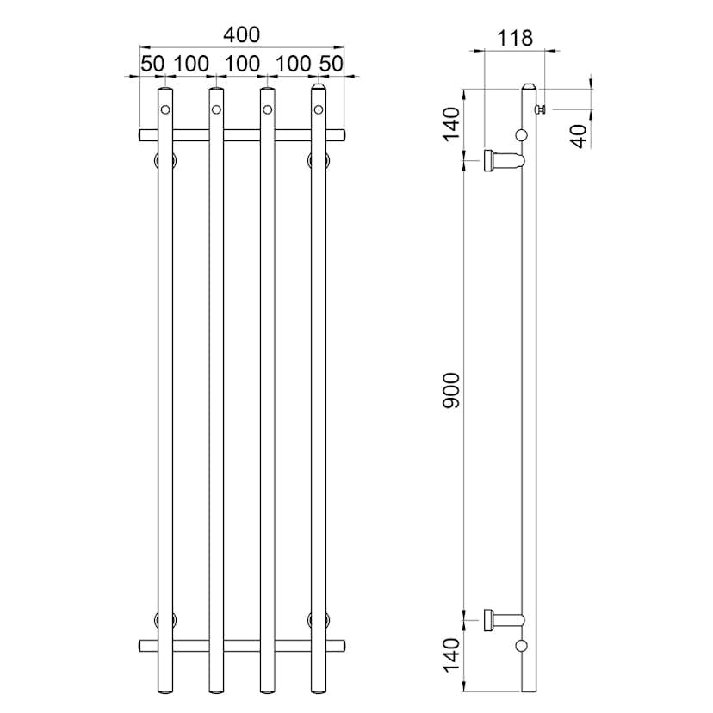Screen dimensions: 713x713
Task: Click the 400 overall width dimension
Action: click(241, 35)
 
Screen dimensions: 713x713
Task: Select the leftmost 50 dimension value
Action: click(152, 64)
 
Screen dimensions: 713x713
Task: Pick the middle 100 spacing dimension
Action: click(242, 64)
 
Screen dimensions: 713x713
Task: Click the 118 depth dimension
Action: click(516, 38)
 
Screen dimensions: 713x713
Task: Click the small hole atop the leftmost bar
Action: click(165, 109)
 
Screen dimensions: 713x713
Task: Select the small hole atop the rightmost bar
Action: click(318, 109)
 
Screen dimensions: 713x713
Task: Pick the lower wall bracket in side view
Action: click(503, 618)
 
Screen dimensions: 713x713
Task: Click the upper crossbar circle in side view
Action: click(521, 134)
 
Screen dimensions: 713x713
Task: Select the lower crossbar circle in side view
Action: click(521, 645)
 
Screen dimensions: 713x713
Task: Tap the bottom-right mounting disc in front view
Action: click(318, 618)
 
